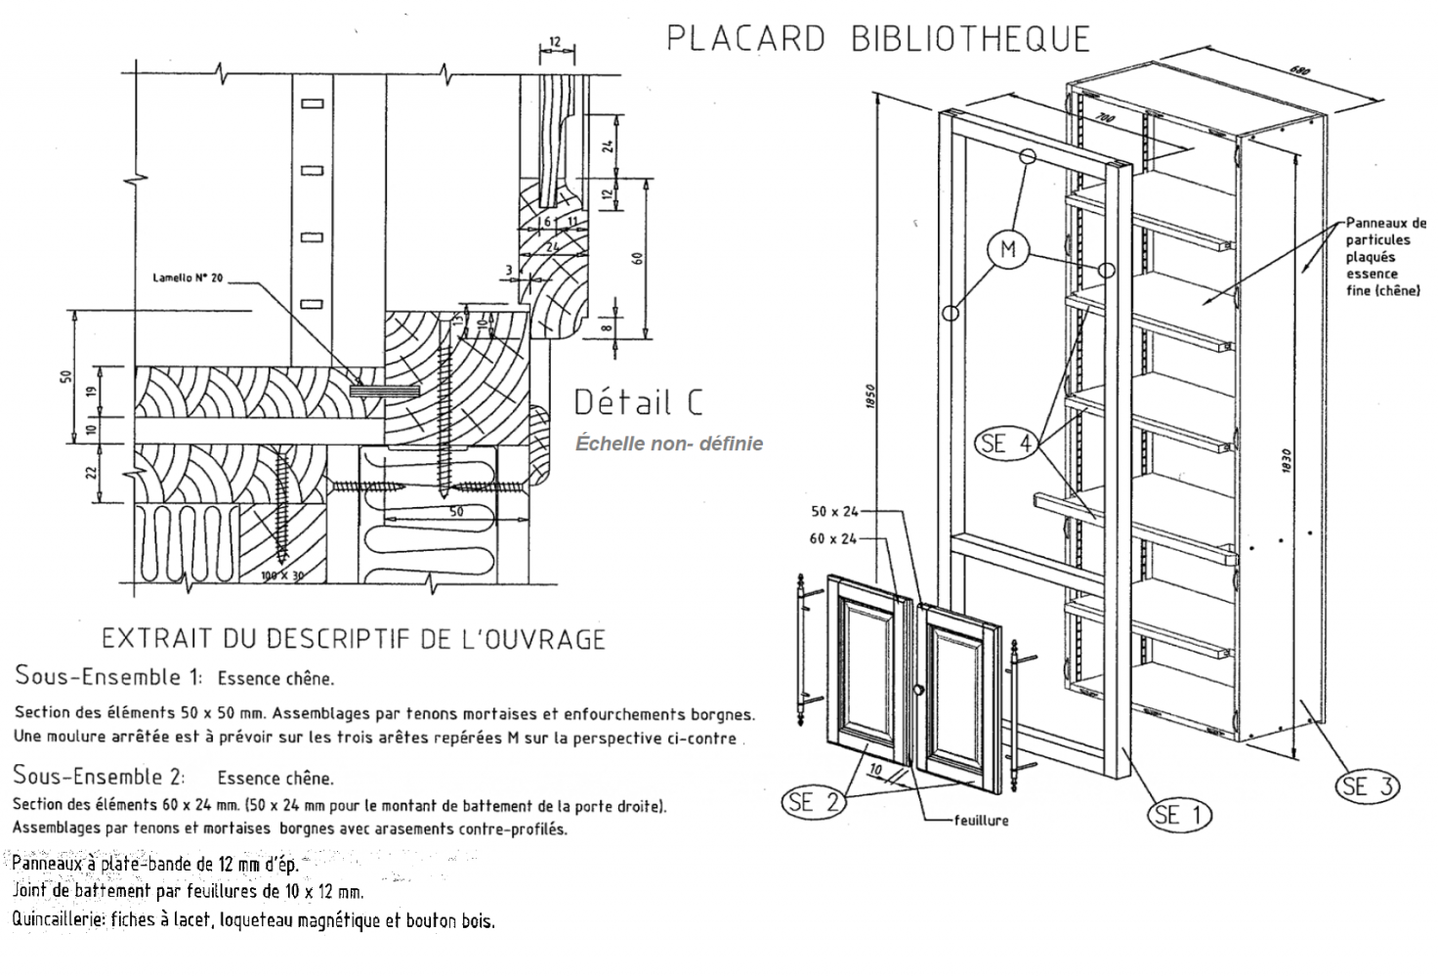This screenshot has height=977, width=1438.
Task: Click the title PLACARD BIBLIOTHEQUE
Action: (877, 38)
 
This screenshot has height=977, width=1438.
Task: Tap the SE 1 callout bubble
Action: (1180, 814)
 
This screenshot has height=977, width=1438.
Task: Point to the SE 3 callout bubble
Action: (1367, 786)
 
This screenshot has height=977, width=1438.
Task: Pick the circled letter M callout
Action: (1007, 249)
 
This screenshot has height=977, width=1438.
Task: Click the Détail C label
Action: (637, 402)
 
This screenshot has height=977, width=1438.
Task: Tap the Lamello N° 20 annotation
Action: (188, 278)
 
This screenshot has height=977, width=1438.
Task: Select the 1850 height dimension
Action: (870, 399)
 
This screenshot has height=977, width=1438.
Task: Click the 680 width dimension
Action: (1298, 71)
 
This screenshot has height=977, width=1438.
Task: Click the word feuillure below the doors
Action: (981, 821)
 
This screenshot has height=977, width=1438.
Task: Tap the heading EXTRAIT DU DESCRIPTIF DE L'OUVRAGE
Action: (354, 639)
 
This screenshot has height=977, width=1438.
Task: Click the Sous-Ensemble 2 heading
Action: (99, 777)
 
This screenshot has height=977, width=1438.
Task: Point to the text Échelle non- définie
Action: (668, 444)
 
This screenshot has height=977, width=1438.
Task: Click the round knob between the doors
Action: (917, 692)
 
